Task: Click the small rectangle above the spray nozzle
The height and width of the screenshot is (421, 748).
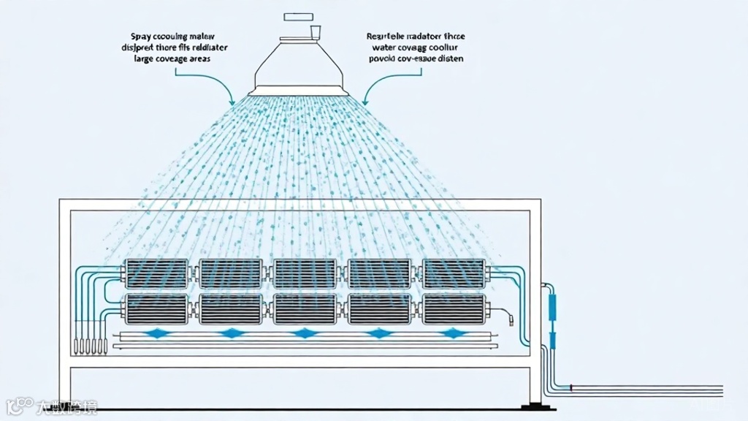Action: click(x=298, y=15)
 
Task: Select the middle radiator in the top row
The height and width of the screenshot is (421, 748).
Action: click(x=304, y=273)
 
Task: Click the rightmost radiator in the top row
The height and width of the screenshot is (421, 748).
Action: click(x=453, y=273)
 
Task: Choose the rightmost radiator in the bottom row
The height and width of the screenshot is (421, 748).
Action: click(x=453, y=308)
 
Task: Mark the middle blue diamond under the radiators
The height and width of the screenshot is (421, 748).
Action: click(x=304, y=334)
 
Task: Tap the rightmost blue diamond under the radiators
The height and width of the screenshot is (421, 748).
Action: click(x=453, y=334)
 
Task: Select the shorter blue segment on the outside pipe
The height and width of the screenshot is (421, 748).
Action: click(x=552, y=338)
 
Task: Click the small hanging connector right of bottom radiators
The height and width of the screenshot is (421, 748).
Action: click(x=508, y=316)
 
